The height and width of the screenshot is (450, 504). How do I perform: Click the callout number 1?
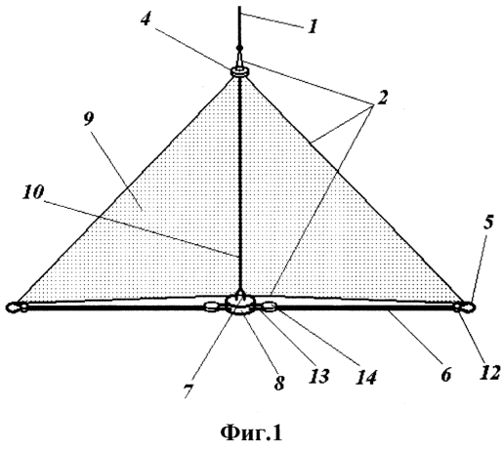click(313, 26)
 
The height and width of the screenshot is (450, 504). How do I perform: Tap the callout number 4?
click(146, 19)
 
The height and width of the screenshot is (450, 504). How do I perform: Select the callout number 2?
click(382, 97)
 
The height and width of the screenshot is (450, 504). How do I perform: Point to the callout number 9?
click(89, 119)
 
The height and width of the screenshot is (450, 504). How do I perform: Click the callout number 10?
click(33, 192)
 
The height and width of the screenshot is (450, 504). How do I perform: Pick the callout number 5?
click(487, 223)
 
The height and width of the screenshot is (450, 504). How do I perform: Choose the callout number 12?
click(489, 372)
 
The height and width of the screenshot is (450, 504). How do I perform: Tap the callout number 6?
click(445, 374)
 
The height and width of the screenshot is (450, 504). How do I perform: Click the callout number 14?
click(366, 378)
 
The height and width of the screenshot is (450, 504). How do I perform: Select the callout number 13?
click(320, 376)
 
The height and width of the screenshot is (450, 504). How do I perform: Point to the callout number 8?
click(279, 383)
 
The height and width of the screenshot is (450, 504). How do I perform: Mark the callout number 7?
click(189, 389)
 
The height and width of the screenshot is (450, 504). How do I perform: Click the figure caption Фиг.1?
click(251, 433)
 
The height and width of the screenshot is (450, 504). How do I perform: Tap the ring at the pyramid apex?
click(240, 72)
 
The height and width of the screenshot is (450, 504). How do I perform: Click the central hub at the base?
click(241, 305)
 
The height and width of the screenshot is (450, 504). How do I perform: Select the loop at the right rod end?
click(467, 307)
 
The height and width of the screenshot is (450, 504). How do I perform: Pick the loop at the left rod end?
click(15, 307)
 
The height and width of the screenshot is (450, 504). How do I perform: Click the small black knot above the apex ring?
click(240, 48)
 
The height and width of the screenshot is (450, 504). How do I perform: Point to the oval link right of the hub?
click(270, 306)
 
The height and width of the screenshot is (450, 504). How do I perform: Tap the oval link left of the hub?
click(212, 307)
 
